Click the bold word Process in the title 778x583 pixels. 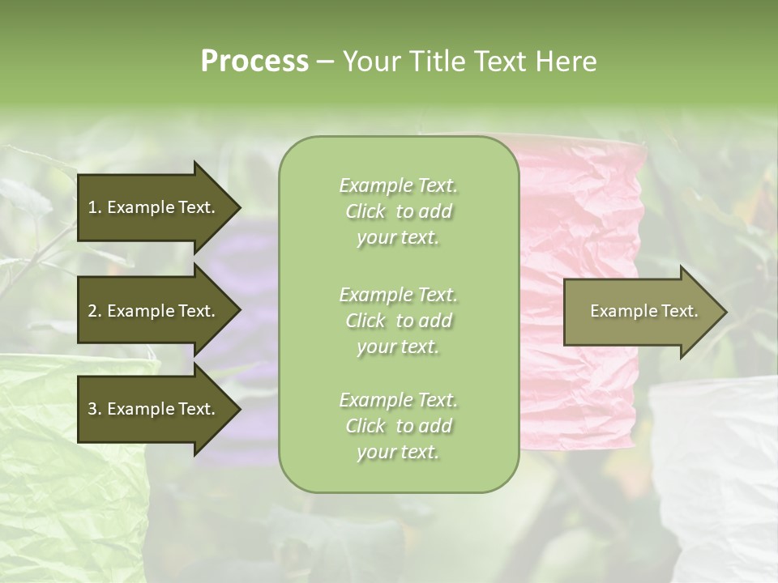coord(254,62)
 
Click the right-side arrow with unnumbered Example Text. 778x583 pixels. coord(640,312)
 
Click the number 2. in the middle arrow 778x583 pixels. coord(95,311)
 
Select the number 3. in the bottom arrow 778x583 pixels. coord(95,409)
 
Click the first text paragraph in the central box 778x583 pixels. coord(398,211)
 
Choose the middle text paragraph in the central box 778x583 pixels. coord(398,321)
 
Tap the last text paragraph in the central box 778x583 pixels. coord(398,426)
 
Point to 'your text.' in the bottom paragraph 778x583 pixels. coord(398,452)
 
